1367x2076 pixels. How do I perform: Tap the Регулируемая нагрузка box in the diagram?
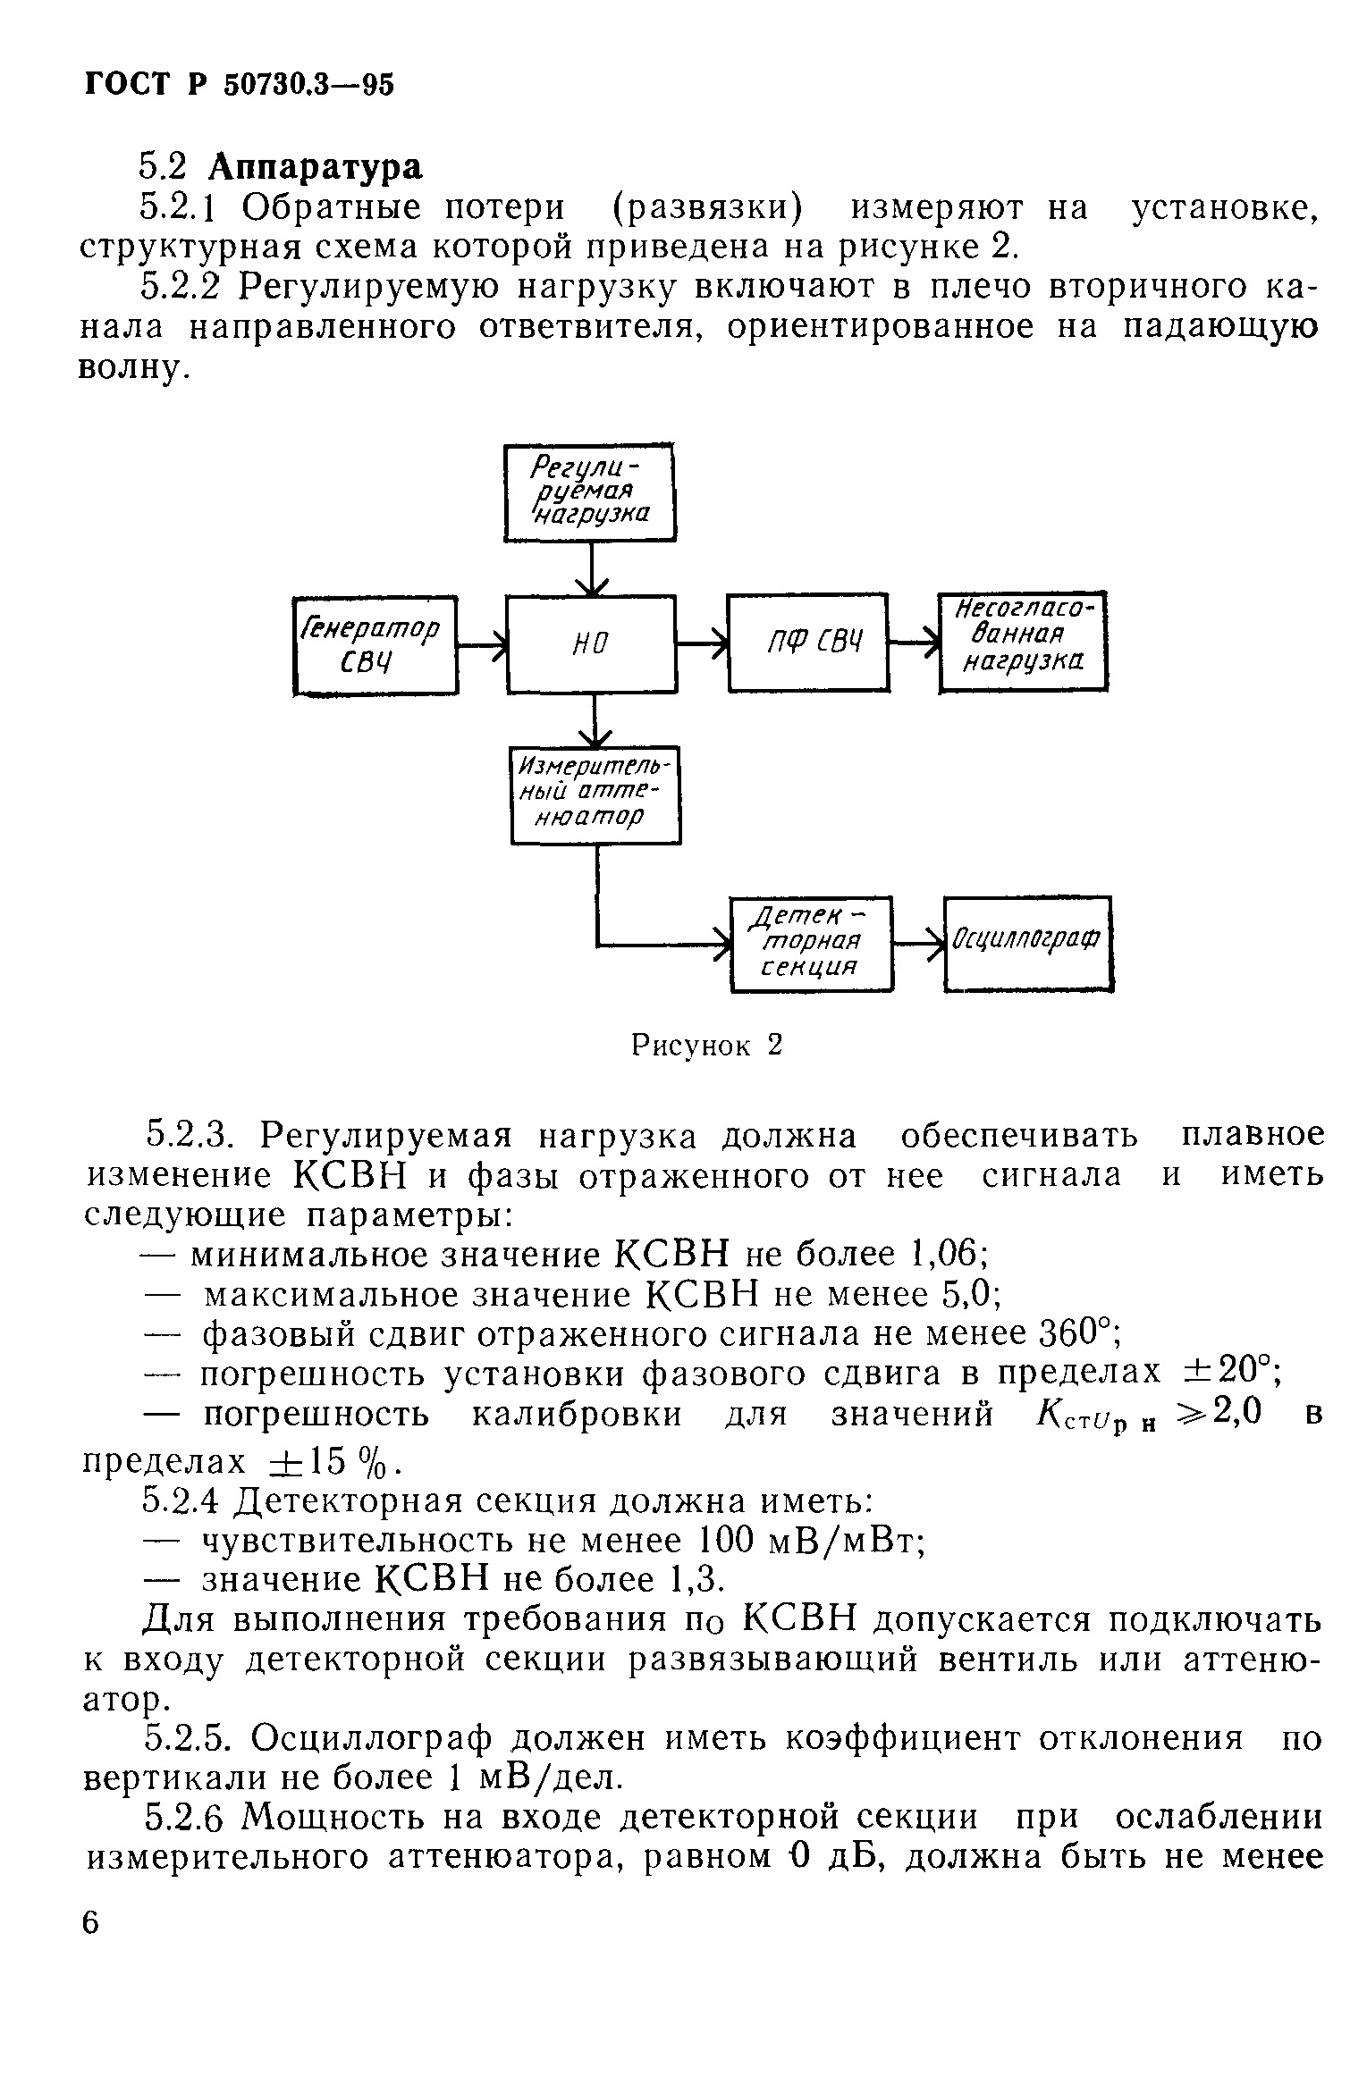pyautogui.click(x=589, y=492)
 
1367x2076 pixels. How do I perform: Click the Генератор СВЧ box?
pyautogui.click(x=375, y=644)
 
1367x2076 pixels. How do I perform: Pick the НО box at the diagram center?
pyautogui.click(x=590, y=643)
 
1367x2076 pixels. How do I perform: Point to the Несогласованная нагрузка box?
pyautogui.click(x=1022, y=641)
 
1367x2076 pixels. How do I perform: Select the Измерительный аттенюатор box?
pyautogui.click(x=595, y=794)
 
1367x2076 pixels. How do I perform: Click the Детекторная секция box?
pyautogui.click(x=811, y=943)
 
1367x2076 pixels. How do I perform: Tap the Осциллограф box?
pyautogui.click(x=1027, y=943)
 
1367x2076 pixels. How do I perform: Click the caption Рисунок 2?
pyautogui.click(x=706, y=1045)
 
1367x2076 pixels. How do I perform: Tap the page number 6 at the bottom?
pyautogui.click(x=92, y=1922)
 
